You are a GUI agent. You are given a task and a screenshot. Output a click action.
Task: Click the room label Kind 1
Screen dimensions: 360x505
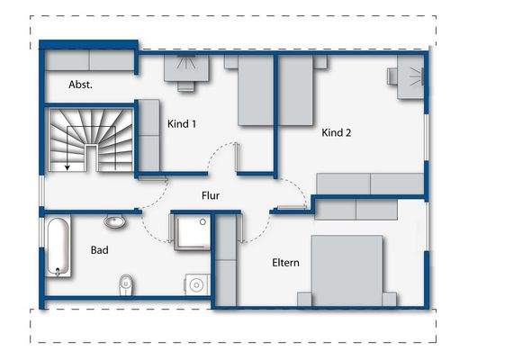(182, 124)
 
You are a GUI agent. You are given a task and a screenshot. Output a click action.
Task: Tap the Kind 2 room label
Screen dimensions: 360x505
(337, 132)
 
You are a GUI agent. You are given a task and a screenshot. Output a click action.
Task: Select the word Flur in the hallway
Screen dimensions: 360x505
(211, 194)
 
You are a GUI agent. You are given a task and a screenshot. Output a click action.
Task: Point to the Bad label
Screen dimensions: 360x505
(100, 249)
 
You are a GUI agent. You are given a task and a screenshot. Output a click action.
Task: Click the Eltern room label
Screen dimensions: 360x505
(285, 263)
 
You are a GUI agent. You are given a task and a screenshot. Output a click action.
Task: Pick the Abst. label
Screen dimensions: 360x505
(81, 85)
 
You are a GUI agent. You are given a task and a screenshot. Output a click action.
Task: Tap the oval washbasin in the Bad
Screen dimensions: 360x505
(114, 220)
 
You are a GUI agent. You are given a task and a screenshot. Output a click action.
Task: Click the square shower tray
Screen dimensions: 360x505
(192, 232)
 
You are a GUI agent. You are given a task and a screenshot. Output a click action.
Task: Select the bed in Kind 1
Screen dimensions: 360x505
(256, 90)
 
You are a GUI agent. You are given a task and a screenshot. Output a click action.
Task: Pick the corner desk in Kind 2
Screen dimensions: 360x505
(410, 76)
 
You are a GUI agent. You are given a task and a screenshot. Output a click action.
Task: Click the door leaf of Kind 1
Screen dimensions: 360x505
(237, 157)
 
